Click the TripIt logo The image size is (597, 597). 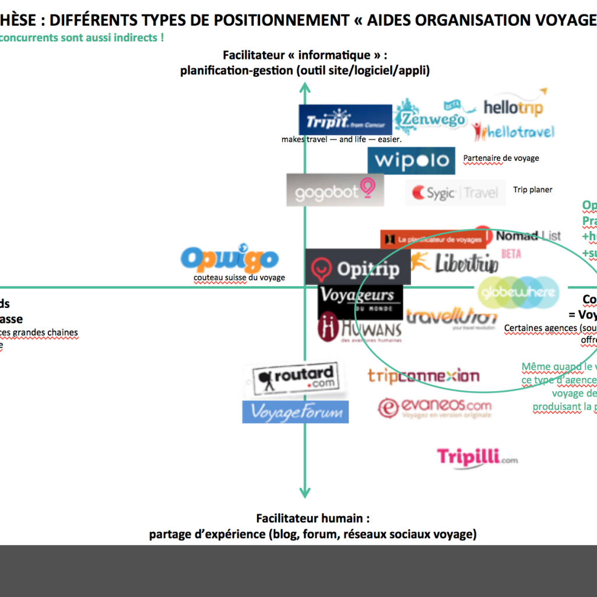[345, 120]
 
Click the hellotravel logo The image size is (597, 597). [514, 132]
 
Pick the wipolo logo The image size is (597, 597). [411, 160]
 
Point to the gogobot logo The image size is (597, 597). [335, 190]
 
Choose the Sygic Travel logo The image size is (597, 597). [455, 192]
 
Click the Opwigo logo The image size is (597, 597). [229, 259]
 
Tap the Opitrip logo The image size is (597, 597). [357, 268]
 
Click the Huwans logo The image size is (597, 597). [360, 328]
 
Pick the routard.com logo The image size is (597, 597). [295, 380]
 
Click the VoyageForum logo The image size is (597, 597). [296, 412]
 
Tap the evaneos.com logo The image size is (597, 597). [434, 408]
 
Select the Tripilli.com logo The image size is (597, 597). [476, 457]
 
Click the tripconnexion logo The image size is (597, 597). [423, 376]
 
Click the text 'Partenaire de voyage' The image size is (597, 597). [501, 158]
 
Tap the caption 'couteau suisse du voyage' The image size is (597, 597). [239, 278]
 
